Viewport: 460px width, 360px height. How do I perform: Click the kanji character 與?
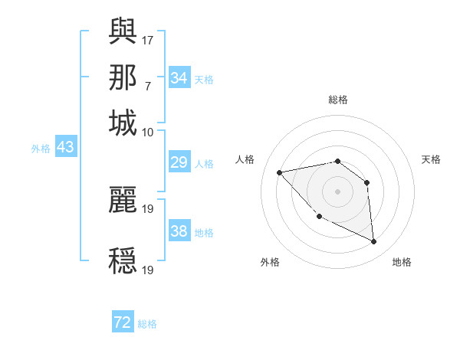pyautogui.click(x=123, y=31)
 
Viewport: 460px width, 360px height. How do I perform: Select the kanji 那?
pyautogui.click(x=123, y=77)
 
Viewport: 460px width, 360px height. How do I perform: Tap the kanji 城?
pyautogui.click(x=123, y=123)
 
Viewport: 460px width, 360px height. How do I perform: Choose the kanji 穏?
pyautogui.click(x=123, y=260)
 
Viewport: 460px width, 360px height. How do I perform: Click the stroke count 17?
pyautogui.click(x=148, y=39)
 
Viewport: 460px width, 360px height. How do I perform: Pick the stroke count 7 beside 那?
pyautogui.click(x=148, y=85)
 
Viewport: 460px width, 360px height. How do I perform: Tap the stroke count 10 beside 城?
pyautogui.click(x=148, y=132)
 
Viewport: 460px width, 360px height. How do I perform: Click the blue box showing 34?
pyautogui.click(x=179, y=78)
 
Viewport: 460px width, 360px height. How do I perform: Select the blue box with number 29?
pyautogui.click(x=179, y=162)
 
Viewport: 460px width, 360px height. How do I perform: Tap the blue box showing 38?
pyautogui.click(x=179, y=231)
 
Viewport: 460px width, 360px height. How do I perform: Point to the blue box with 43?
pyautogui.click(x=65, y=147)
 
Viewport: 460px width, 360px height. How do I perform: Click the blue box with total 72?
pyautogui.click(x=123, y=323)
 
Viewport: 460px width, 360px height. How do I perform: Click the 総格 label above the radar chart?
pyautogui.click(x=337, y=100)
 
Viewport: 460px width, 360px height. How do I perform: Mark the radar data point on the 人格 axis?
pyautogui.click(x=280, y=172)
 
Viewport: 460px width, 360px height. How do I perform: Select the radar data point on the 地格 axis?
pyautogui.click(x=374, y=242)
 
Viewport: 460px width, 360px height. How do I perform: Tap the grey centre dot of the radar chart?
pyautogui.click(x=337, y=191)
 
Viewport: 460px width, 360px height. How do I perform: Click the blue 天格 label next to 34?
pyautogui.click(x=204, y=79)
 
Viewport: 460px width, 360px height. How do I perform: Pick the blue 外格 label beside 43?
pyautogui.click(x=40, y=148)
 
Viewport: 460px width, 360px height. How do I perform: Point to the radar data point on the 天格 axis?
pyautogui.click(x=367, y=182)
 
